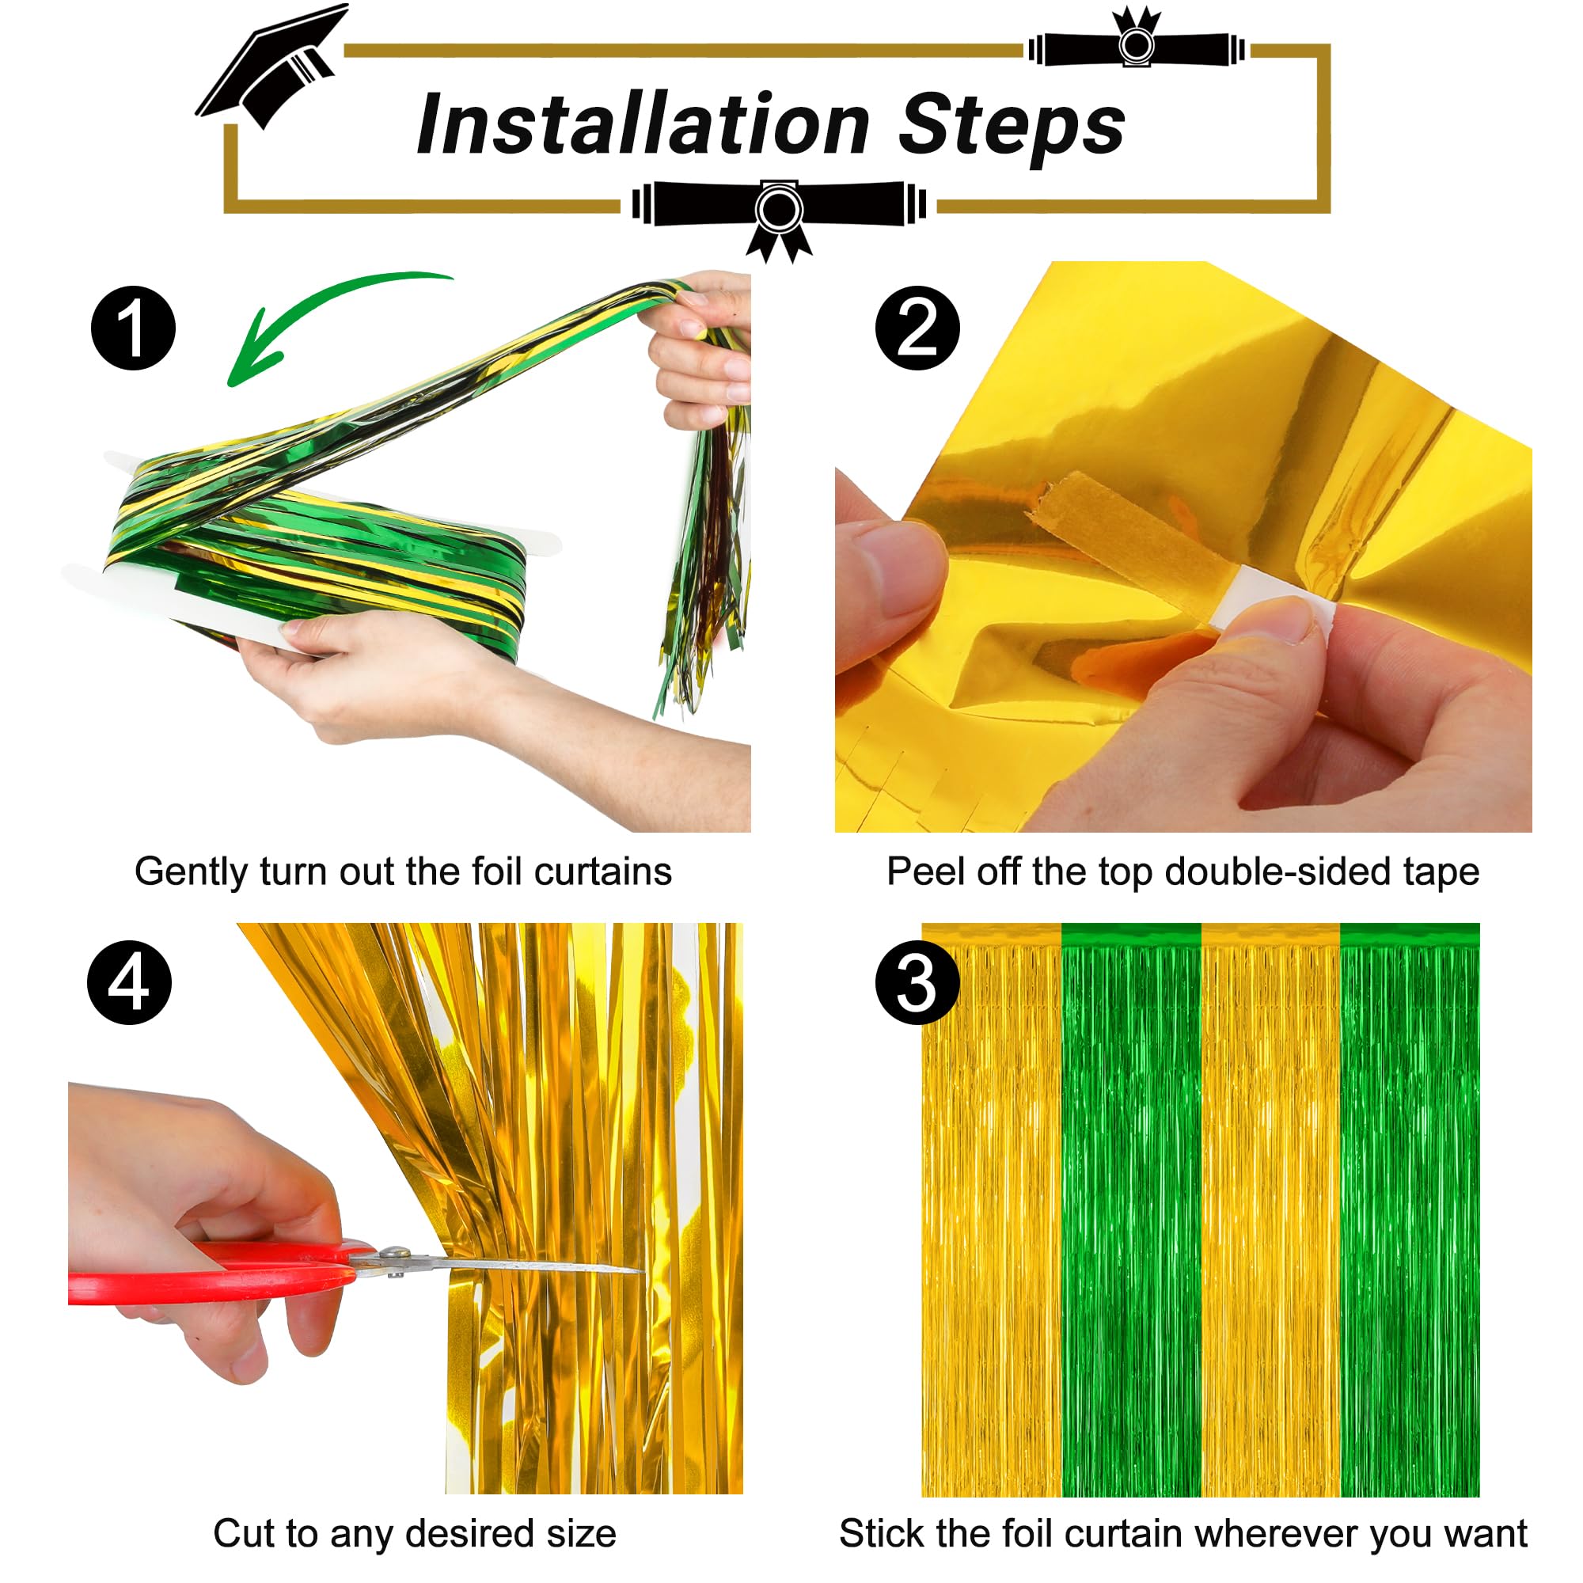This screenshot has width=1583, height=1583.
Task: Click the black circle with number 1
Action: (x=133, y=328)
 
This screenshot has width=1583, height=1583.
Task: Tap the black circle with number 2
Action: (x=917, y=328)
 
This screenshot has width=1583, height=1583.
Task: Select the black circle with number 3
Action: (x=917, y=982)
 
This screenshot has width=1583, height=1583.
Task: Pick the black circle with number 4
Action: (x=130, y=982)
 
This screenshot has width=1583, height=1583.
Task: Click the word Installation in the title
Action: (x=643, y=124)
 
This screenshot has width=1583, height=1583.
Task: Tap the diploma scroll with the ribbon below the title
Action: (x=778, y=209)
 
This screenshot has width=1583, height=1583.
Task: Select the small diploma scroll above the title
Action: (x=1137, y=45)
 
